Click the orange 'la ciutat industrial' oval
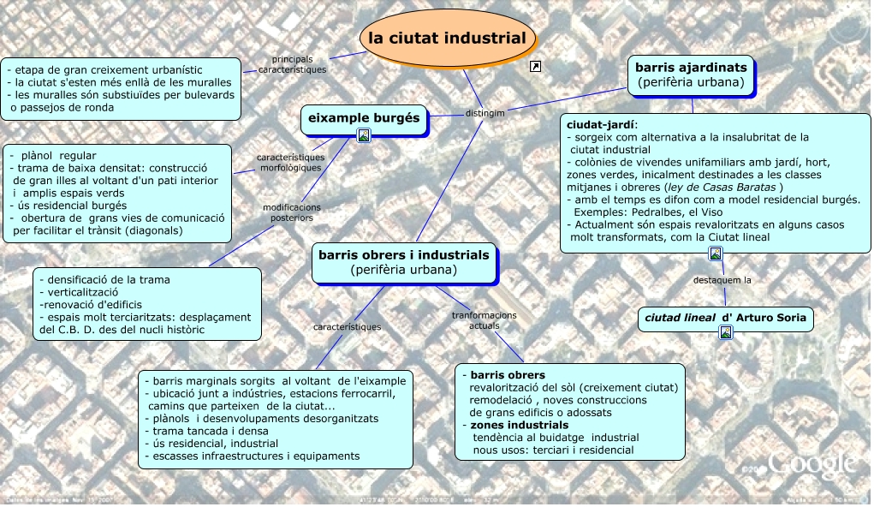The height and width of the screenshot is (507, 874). pos(447,39)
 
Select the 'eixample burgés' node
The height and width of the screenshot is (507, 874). pos(364,118)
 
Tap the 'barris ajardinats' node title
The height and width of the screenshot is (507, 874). pos(692,67)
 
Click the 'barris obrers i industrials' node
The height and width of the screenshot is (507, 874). pos(403,254)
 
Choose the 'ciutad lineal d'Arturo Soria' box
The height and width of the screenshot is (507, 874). pos(725,319)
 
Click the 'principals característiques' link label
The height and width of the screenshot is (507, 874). pos(292,64)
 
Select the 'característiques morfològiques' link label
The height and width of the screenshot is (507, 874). pos(290,163)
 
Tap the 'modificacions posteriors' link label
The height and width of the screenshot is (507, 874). pos(291,212)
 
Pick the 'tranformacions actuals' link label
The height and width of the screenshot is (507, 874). pos(484,320)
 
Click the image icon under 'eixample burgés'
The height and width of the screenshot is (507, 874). pos(364,134)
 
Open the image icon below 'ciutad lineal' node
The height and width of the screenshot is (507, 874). pos(726,333)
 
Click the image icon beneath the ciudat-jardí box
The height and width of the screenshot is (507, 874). pos(716,253)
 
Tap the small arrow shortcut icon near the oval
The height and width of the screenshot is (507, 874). pos(536,67)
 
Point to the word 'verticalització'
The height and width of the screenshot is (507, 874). pos(85,292)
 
